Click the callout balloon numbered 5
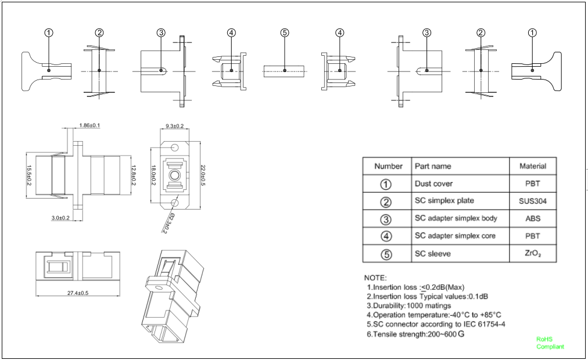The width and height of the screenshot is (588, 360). pyautogui.click(x=285, y=33)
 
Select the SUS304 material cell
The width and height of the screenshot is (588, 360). pyautogui.click(x=533, y=201)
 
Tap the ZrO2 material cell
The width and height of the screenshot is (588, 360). pyautogui.click(x=533, y=254)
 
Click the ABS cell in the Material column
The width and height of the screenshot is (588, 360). pyautogui.click(x=533, y=219)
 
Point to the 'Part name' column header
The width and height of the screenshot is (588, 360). pyautogui.click(x=433, y=166)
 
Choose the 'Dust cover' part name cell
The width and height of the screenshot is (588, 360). pyautogui.click(x=433, y=183)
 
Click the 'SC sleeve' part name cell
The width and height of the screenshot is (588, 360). pyautogui.click(x=433, y=254)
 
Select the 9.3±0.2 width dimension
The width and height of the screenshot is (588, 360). pyautogui.click(x=174, y=126)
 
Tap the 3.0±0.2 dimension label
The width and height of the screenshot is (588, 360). pyautogui.click(x=60, y=218)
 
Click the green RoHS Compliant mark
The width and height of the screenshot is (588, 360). pyautogui.click(x=550, y=343)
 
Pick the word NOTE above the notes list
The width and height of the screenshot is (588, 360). pyautogui.click(x=375, y=278)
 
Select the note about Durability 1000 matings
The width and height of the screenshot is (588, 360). pyautogui.click(x=409, y=305)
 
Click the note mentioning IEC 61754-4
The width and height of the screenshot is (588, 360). pyautogui.click(x=436, y=324)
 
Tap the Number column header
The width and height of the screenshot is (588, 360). pyautogui.click(x=388, y=166)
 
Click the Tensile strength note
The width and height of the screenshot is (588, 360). pyautogui.click(x=415, y=334)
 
